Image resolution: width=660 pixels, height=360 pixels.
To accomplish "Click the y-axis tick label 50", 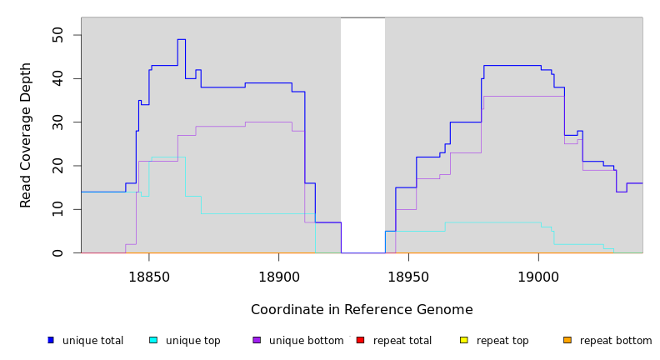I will point(57,35).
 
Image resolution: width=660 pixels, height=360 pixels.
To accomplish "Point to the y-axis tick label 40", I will point(57,78).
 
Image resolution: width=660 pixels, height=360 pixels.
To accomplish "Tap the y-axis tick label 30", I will point(57,122).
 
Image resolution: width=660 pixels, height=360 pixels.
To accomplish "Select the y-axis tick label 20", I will point(57,165).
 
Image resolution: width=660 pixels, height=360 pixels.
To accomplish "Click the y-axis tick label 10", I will point(57,209).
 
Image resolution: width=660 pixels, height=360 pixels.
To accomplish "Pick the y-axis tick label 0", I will point(57,252).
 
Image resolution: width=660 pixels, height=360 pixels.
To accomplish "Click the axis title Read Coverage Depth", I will point(26,135).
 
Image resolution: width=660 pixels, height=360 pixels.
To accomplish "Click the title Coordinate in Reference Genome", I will point(362,310).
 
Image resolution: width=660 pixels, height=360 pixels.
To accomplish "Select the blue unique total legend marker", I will point(51,340).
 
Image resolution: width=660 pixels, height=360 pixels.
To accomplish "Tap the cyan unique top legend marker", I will point(153,340).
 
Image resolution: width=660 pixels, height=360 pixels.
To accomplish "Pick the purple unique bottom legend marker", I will point(257,340).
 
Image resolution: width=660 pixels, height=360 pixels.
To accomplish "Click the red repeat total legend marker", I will point(360,340).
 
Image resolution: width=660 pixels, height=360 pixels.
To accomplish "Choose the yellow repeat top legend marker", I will point(464,340).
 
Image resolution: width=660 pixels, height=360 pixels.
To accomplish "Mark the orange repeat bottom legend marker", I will point(567,340).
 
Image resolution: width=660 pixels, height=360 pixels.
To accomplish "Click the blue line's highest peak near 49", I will point(181,39).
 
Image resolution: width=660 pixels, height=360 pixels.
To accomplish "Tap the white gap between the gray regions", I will point(362,133).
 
